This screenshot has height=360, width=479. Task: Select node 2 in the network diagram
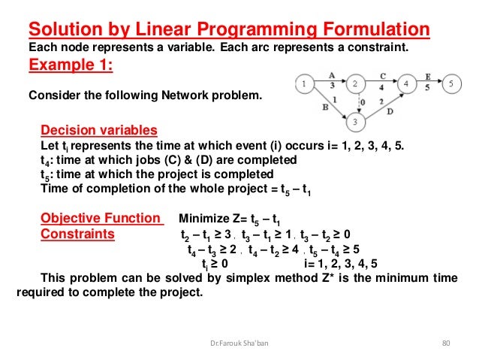[357, 84]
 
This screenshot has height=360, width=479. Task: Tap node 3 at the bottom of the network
[357, 119]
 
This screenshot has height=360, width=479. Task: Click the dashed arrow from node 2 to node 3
[357, 101]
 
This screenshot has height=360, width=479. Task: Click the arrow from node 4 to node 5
[428, 84]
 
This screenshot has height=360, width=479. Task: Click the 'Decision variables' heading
[98, 129]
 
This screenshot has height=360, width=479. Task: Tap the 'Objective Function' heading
[101, 219]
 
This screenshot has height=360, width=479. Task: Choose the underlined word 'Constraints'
[77, 234]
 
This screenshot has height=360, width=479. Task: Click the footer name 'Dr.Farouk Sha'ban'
[238, 343]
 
